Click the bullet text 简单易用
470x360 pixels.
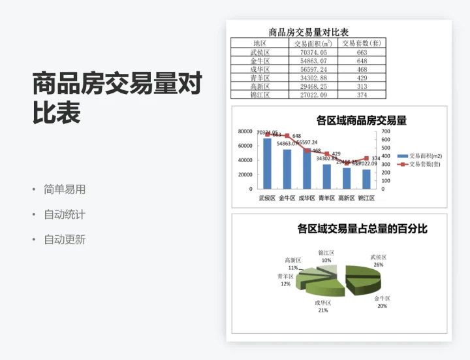[64, 189]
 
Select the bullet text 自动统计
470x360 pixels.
[64, 214]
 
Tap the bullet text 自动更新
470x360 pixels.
[64, 239]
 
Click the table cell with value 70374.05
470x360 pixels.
[314, 52]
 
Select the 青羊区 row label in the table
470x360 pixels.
[260, 78]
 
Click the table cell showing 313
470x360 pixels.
[362, 86]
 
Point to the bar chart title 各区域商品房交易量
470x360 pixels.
[361, 120]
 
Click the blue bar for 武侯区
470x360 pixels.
[267, 163]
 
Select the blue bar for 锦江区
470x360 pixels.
[367, 178]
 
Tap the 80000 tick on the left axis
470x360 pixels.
[245, 131]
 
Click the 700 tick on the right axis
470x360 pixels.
[386, 131]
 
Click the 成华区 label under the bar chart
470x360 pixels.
[307, 198]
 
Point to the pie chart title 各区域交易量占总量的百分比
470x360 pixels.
[362, 229]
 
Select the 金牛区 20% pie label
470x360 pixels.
[382, 302]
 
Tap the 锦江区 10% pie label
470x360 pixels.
[326, 256]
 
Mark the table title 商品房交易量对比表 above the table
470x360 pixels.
[309, 32]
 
